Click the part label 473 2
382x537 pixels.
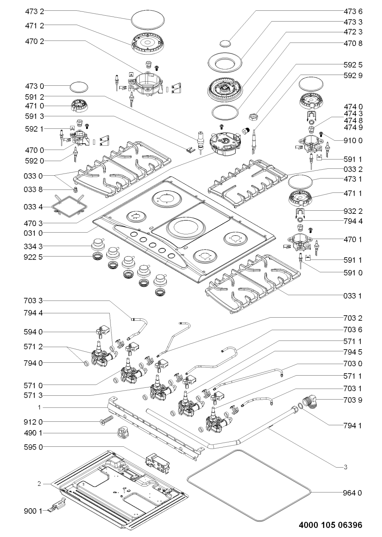pyautogui.click(x=34, y=11)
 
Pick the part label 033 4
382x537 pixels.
pyautogui.click(x=34, y=207)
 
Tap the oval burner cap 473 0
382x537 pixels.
pyautogui.click(x=78, y=86)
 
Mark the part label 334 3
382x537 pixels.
pyautogui.click(x=34, y=246)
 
